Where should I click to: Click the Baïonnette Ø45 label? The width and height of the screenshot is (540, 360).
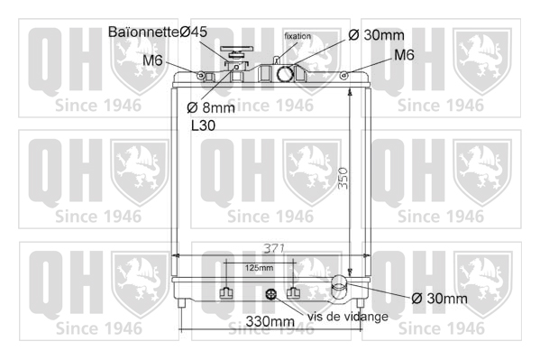tap(158, 32)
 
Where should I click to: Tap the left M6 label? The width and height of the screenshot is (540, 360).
tap(152, 60)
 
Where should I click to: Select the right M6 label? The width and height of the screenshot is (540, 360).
tap(404, 55)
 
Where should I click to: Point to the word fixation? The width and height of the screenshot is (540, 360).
tap(297, 36)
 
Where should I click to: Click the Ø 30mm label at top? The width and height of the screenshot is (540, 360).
tap(376, 35)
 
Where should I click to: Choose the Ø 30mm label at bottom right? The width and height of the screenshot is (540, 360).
tap(439, 299)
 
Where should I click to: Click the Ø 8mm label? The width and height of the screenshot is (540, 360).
tap(211, 108)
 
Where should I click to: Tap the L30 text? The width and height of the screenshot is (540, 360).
tap(203, 125)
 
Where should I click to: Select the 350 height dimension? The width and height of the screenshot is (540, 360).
tap(343, 178)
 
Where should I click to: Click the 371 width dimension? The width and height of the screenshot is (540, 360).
tap(274, 248)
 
